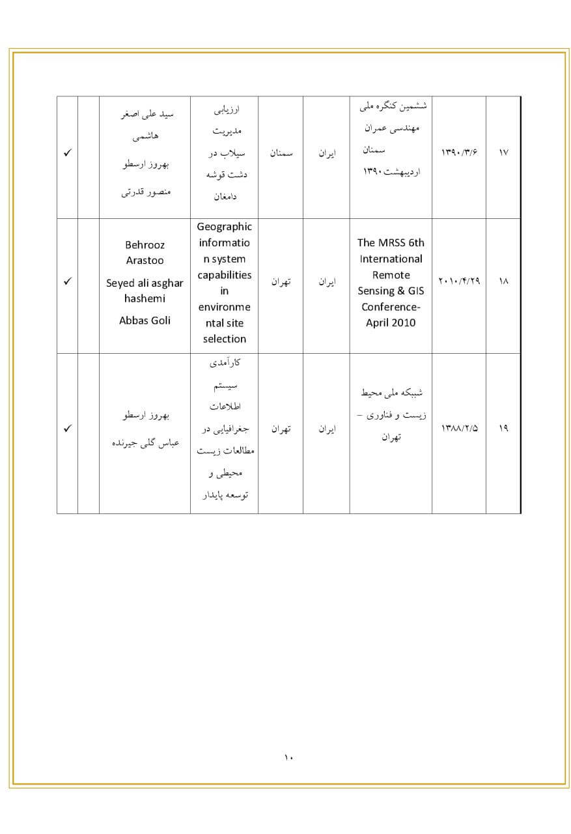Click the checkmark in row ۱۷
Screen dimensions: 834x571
click(x=67, y=153)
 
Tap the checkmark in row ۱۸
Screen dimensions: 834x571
click(x=67, y=282)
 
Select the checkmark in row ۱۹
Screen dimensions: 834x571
click(x=67, y=429)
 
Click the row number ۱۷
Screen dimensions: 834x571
click(x=503, y=153)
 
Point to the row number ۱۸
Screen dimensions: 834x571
click(x=503, y=282)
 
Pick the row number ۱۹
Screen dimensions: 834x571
click(x=503, y=429)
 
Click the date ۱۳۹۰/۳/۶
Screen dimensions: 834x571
click(x=459, y=153)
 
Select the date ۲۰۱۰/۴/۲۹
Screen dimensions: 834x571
click(x=459, y=282)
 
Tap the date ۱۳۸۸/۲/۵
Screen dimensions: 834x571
click(x=459, y=429)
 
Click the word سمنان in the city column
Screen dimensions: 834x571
click(x=281, y=153)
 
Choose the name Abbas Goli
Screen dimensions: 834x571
click(x=145, y=321)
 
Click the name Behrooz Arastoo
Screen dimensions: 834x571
click(x=145, y=253)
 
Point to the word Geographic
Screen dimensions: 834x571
click(x=224, y=227)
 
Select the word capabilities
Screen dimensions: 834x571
click(x=224, y=275)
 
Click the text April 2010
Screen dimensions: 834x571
click(x=391, y=323)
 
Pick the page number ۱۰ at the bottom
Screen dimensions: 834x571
click(x=289, y=757)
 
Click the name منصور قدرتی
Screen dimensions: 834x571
click(x=146, y=193)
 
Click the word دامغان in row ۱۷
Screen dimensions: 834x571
click(x=225, y=195)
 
